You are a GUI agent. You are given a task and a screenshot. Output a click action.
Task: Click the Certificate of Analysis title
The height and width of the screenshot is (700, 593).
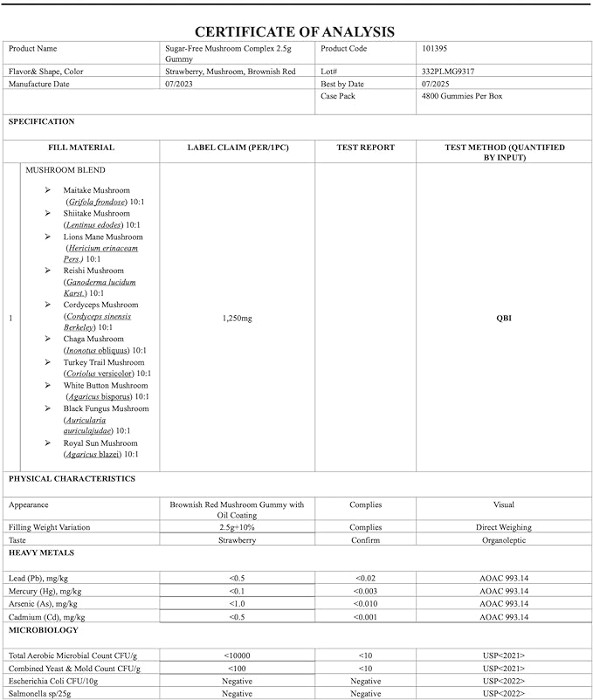tap(295, 31)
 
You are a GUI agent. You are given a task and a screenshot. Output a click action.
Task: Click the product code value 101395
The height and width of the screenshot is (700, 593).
tap(435, 49)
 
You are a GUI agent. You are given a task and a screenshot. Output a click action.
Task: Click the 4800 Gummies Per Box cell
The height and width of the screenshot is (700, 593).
tap(461, 96)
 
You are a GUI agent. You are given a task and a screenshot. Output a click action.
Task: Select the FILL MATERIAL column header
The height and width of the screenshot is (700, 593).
tap(81, 148)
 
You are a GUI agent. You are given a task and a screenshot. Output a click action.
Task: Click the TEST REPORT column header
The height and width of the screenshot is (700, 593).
tap(365, 148)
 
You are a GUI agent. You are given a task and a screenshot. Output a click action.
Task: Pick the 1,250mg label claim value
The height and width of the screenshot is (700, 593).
tap(238, 319)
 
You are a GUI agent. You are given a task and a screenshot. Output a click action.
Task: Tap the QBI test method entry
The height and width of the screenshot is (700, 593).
tap(503, 319)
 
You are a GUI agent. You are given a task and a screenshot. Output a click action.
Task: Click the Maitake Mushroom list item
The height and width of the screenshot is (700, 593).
tap(96, 190)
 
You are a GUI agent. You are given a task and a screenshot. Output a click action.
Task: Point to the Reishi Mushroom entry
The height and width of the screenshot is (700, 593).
tap(93, 271)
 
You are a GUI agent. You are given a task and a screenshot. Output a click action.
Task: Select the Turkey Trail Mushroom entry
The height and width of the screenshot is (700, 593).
tap(103, 362)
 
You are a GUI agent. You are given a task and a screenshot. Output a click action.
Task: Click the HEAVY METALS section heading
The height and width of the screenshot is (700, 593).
tap(41, 553)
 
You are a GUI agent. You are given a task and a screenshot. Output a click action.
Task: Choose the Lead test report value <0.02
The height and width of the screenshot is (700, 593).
tap(365, 579)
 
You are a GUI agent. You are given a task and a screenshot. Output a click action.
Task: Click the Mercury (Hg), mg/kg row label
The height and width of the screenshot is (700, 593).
tap(45, 591)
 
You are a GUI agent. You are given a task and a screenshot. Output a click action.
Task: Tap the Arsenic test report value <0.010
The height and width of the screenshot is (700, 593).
tap(365, 604)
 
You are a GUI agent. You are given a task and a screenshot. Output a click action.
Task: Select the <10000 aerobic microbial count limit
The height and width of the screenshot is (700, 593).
tap(238, 655)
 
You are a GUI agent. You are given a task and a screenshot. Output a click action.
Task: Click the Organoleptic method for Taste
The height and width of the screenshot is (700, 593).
tap(503, 540)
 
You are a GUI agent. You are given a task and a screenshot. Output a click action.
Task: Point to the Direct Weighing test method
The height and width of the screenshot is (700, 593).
tap(503, 527)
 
